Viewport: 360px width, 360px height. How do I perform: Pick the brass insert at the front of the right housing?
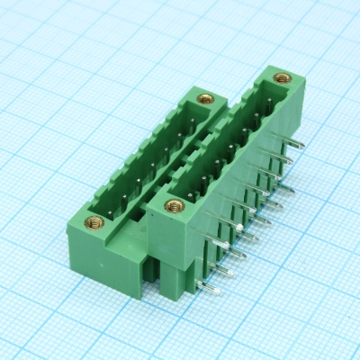coord(168,207)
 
